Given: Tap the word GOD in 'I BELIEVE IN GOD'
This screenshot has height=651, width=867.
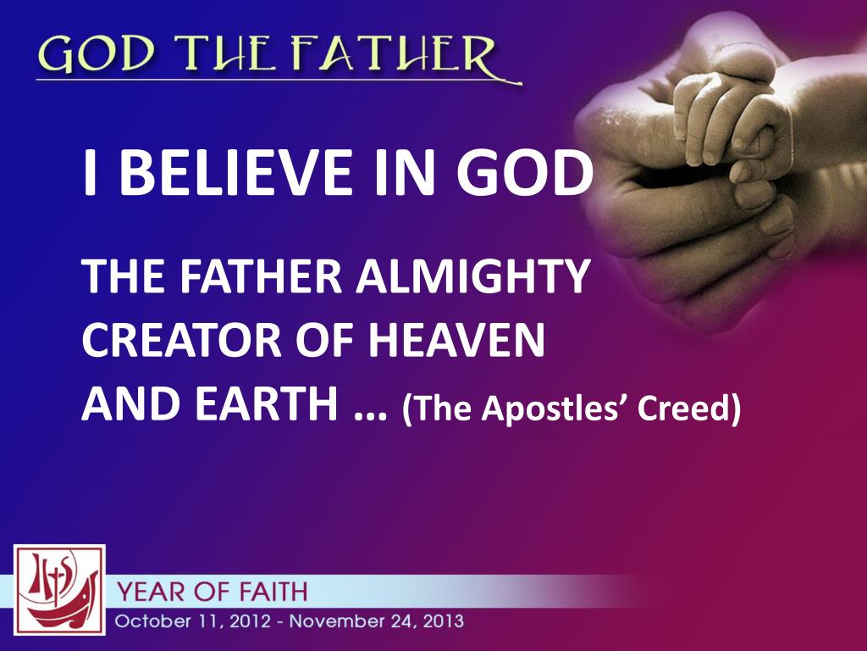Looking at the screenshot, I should point(522,172).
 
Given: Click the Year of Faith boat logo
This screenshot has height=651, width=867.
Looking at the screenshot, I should point(59,590).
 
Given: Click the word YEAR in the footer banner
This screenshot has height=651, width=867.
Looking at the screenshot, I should point(152,590).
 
